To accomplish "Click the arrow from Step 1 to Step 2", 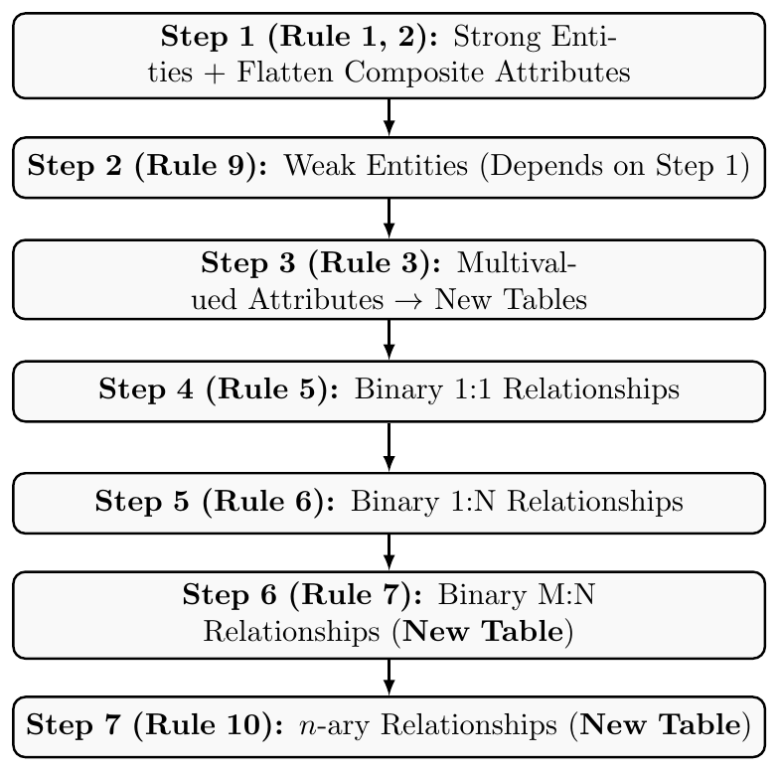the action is pos(389,117).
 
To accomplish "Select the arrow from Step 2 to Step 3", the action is pos(389,219).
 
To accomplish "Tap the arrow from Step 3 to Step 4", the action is pos(389,340).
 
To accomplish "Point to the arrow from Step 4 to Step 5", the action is pos(389,447).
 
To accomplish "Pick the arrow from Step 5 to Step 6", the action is pos(389,552).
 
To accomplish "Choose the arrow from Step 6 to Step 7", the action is pos(389,678).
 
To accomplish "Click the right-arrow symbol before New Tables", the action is pos(409,300).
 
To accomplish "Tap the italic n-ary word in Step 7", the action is pos(334,725).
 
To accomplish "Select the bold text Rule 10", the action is pos(204,725).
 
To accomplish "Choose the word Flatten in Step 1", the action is pos(284,72).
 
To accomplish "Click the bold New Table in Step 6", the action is pos(483,631).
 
